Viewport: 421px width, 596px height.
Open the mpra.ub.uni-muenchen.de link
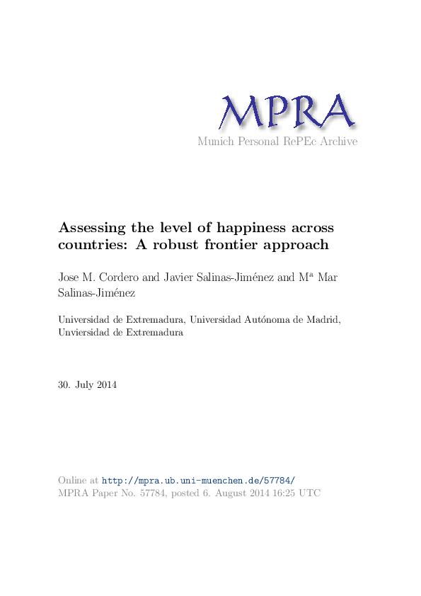pyautogui.click(x=199, y=480)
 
